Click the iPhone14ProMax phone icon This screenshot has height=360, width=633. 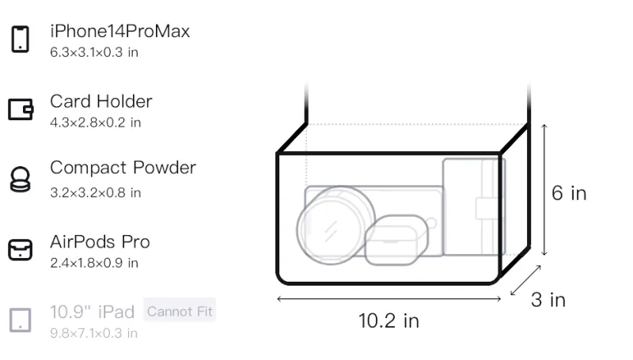(x=21, y=39)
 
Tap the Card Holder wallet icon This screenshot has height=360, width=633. (x=21, y=109)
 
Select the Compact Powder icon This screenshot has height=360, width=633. (x=21, y=179)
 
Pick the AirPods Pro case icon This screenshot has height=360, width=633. (x=21, y=250)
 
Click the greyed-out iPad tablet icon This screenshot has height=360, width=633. (x=21, y=320)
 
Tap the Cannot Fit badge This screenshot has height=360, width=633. (x=180, y=311)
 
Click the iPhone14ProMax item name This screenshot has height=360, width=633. (x=120, y=32)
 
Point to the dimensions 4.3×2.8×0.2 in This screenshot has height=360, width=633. (x=96, y=123)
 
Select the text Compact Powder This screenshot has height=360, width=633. (x=123, y=168)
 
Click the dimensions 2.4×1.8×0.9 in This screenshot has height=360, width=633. (x=94, y=263)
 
